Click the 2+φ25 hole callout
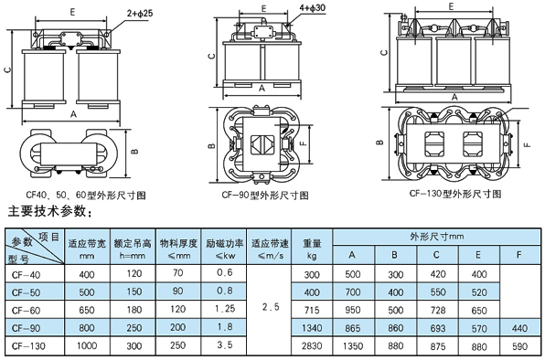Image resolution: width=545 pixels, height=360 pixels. click(x=140, y=13)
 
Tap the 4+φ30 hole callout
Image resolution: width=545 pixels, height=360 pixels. click(x=313, y=7)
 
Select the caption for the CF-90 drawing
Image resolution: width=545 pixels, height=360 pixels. click(x=265, y=196)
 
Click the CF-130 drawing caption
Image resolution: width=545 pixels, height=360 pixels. click(x=455, y=194)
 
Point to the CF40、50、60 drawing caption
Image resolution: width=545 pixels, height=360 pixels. click(x=86, y=196)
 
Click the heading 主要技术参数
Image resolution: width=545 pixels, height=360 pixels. click(x=50, y=211)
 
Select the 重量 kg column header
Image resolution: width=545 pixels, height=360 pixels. click(x=312, y=249)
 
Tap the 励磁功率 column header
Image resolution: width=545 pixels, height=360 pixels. click(x=224, y=249)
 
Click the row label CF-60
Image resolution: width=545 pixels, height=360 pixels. click(x=27, y=310)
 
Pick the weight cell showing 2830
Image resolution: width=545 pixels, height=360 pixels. click(x=312, y=346)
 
